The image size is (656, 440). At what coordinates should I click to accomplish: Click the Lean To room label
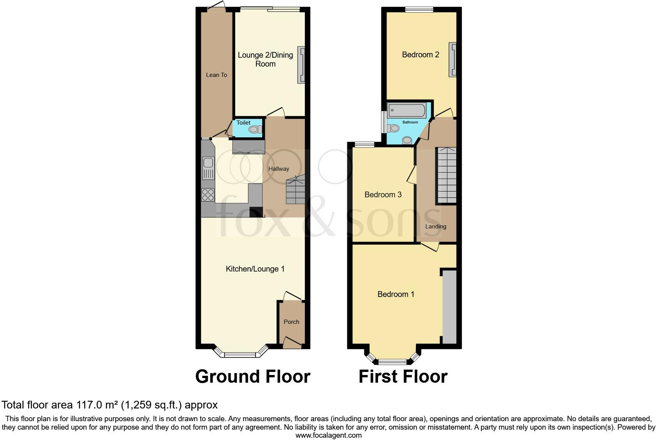[216, 75]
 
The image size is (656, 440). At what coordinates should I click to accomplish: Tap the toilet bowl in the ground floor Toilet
[254, 130]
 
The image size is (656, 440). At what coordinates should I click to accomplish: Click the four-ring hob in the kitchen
[208, 195]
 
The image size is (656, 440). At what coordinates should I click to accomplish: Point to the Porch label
[291, 322]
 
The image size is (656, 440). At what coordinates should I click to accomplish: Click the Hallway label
[279, 169]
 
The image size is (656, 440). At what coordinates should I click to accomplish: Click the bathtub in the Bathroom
[407, 110]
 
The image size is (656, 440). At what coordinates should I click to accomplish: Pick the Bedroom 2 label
[420, 55]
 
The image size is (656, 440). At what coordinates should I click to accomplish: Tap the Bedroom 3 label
[383, 195]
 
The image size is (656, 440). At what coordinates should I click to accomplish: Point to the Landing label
[436, 227]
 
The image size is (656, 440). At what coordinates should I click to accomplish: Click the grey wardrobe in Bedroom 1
[449, 307]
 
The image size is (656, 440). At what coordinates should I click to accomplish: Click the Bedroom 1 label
[396, 294]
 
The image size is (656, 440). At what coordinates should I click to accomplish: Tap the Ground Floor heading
[253, 377]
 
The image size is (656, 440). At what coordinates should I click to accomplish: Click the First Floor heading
[403, 377]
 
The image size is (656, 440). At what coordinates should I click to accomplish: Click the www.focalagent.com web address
[328, 435]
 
